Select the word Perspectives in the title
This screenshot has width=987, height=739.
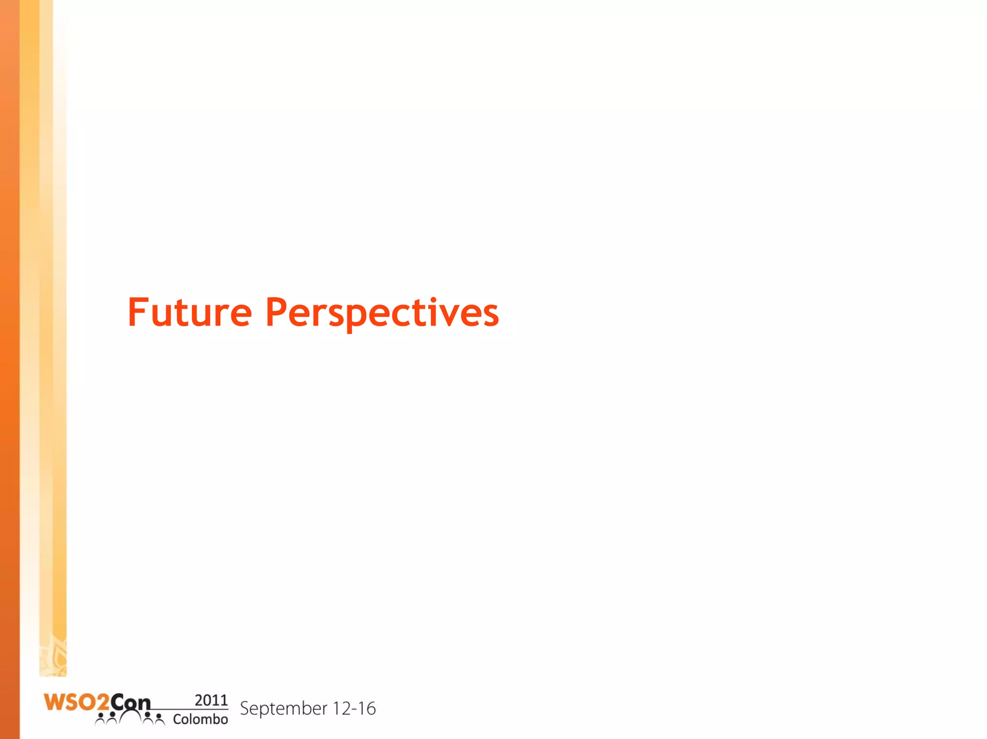[382, 313]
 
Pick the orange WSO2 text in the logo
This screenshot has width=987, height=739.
[76, 702]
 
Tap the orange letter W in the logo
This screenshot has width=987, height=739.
[53, 702]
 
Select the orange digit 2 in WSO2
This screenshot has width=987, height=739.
[102, 703]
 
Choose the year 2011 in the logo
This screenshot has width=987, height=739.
[211, 700]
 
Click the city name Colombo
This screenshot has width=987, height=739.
[200, 719]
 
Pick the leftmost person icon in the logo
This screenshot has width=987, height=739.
[100, 719]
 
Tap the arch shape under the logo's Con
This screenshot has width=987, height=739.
[130, 716]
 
